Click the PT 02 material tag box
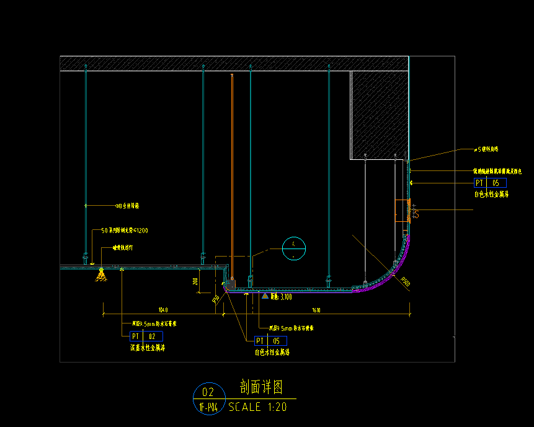coord(146,336)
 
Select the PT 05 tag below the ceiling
coord(270,341)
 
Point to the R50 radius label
coord(216,300)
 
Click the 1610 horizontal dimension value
coord(316,309)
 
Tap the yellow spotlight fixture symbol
coord(100,275)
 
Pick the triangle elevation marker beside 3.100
coord(265,297)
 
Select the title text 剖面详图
coord(261,388)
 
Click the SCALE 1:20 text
coord(257,407)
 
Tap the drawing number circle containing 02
coord(208,392)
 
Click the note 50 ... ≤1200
coord(124,231)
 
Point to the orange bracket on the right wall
coord(408,211)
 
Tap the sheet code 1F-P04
coord(208,407)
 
